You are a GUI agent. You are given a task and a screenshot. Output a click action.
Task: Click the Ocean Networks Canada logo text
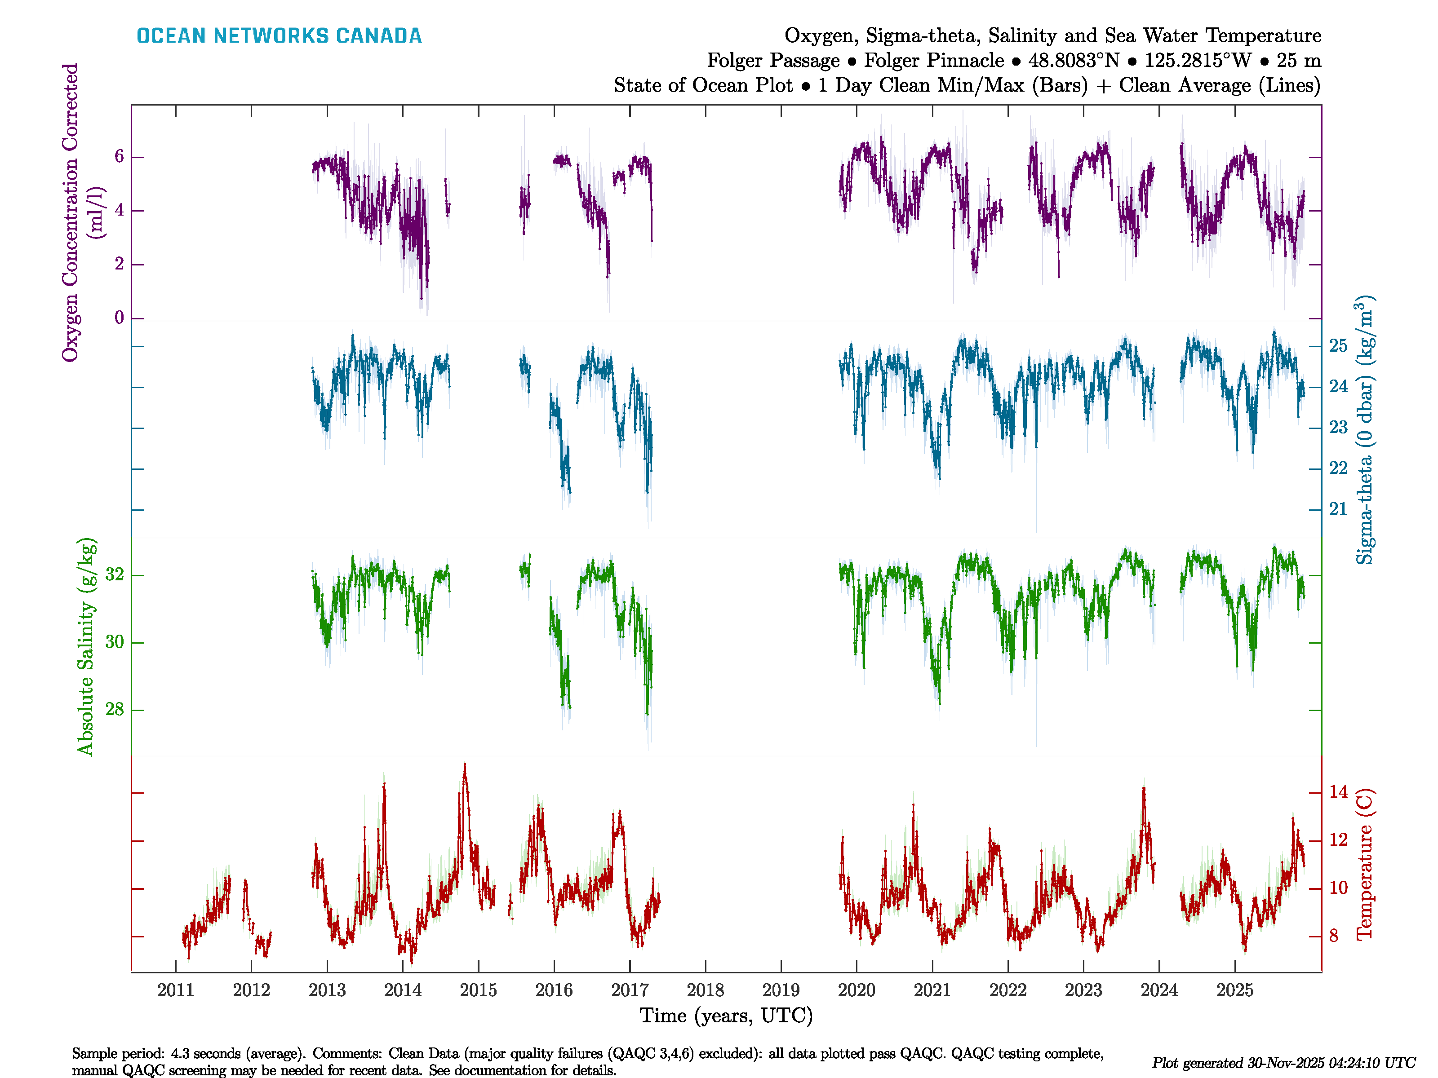(279, 36)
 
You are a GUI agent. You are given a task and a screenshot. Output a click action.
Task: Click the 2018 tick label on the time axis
(706, 990)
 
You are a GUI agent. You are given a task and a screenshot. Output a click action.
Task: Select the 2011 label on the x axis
(176, 990)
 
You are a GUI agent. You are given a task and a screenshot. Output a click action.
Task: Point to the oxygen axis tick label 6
(119, 157)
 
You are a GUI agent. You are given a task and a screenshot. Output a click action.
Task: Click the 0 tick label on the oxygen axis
(119, 318)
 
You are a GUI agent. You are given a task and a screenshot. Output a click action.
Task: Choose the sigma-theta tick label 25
(1338, 346)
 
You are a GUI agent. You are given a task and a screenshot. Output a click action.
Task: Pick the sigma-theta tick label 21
(1338, 509)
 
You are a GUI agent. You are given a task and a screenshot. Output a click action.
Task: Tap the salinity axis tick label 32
(115, 574)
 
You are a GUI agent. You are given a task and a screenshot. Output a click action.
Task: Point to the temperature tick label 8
(1334, 936)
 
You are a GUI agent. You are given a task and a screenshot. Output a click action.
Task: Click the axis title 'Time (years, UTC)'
(726, 1016)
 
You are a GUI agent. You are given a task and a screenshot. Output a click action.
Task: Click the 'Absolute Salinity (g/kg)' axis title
(86, 646)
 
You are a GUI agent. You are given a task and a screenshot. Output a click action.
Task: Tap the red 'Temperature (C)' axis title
(1364, 864)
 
